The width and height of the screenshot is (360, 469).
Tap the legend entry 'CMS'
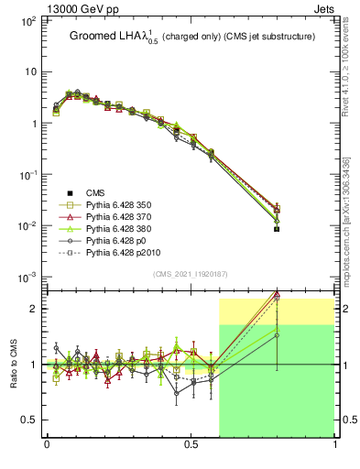96,192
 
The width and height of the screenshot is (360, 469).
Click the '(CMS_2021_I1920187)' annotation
191,275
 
